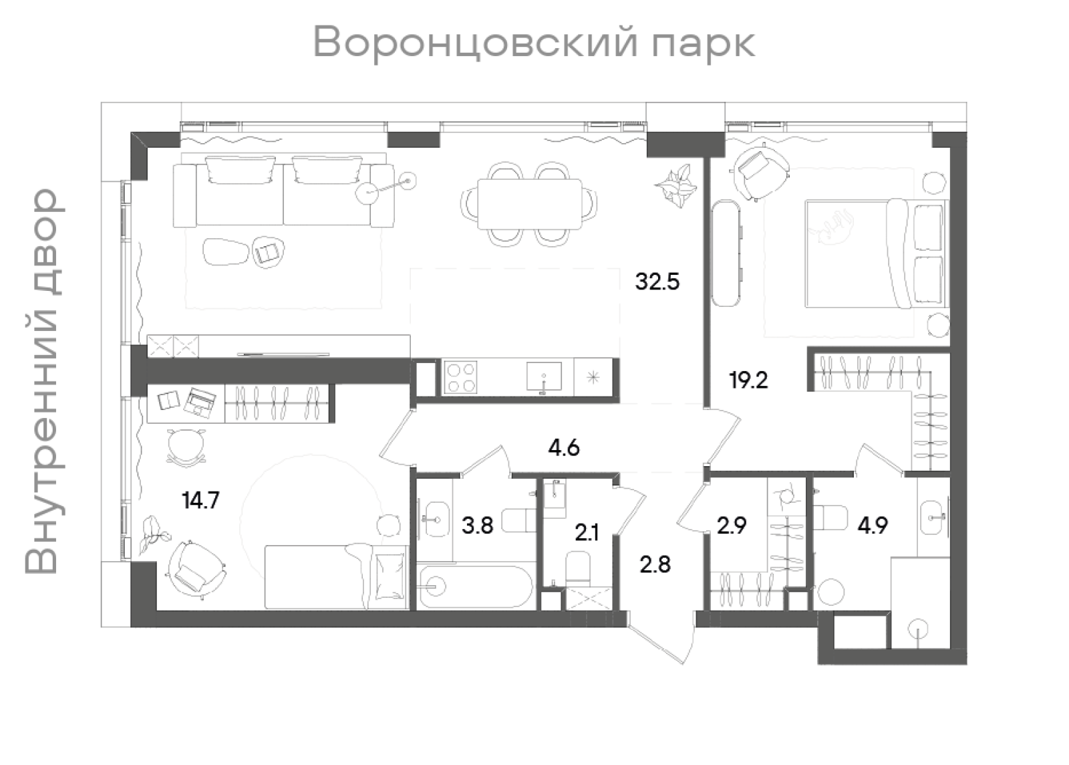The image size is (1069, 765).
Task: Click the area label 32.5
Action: [657, 282]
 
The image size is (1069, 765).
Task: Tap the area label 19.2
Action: [748, 381]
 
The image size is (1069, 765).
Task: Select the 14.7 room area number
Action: [200, 500]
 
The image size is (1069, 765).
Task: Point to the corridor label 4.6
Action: [563, 447]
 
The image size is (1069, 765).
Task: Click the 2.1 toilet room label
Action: [587, 533]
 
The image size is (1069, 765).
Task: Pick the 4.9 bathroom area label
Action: [873, 526]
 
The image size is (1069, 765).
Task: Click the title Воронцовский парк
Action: [534, 43]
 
